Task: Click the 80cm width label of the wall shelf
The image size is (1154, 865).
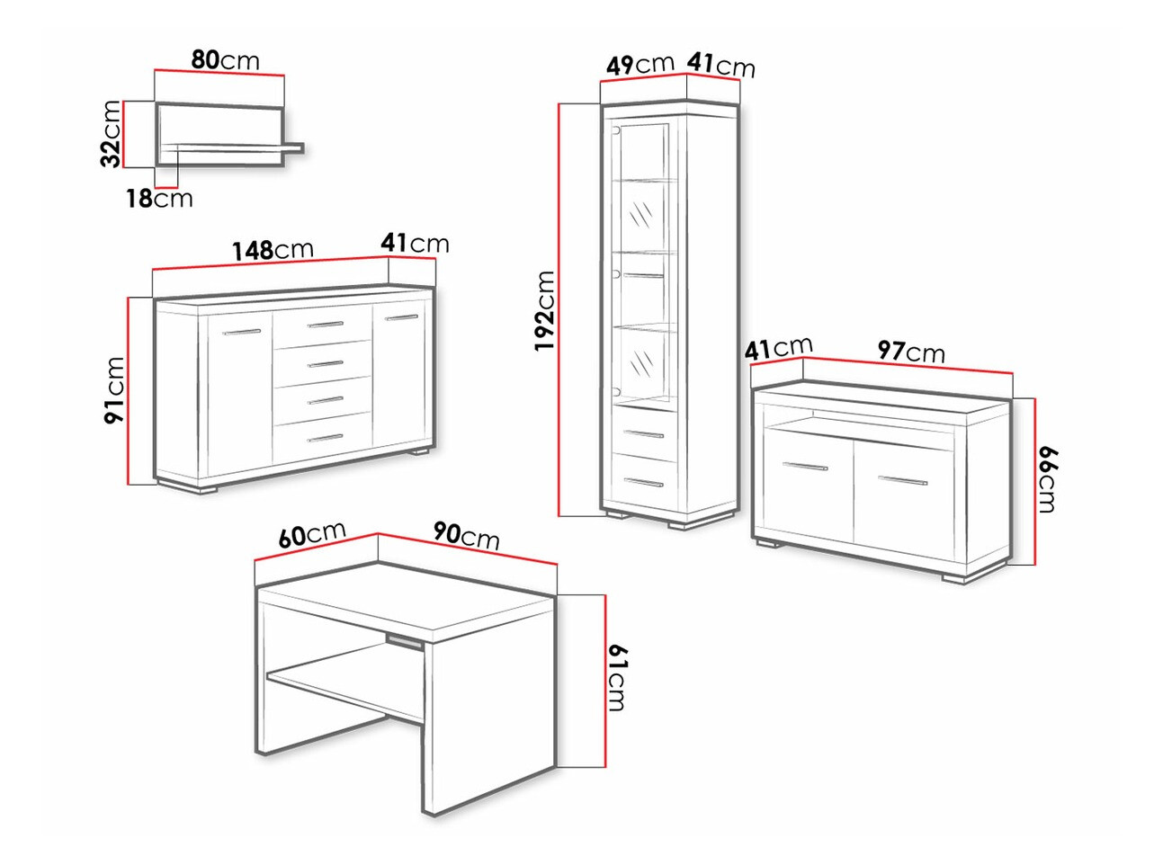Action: (225, 60)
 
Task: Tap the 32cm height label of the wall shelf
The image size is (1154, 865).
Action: (111, 134)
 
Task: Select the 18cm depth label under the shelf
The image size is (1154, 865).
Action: (159, 198)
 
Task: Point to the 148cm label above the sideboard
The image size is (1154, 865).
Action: (273, 249)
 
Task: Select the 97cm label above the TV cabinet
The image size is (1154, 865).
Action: (911, 351)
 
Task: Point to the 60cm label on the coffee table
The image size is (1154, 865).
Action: (312, 534)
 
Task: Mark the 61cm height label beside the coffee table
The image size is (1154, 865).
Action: (617, 677)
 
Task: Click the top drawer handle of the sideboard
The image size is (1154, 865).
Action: (325, 325)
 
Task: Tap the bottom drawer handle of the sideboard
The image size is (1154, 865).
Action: (325, 439)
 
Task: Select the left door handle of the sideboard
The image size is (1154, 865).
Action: (241, 333)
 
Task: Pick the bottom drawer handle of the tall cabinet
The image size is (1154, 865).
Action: (642, 484)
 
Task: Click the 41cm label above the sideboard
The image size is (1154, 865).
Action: (414, 243)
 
